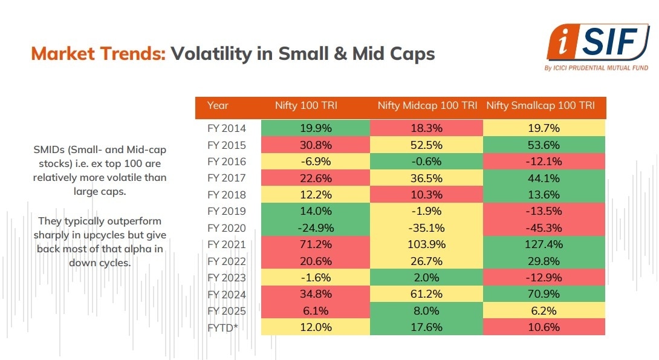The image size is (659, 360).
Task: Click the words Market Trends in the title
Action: [98, 54]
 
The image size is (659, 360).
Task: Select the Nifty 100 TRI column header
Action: [314, 105]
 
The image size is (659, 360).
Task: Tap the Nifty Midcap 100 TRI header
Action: [427, 105]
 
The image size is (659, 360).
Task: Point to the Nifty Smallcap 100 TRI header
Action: [541, 105]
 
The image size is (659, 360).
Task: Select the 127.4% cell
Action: [544, 244]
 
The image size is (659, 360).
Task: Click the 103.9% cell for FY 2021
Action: [426, 244]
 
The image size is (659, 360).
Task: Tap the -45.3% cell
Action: [544, 228]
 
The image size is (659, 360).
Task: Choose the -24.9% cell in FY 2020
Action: [314, 228]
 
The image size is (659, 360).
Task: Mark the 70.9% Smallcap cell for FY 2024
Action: [544, 294]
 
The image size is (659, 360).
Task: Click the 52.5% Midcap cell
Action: [426, 145]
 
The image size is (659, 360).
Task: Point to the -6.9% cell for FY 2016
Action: [314, 162]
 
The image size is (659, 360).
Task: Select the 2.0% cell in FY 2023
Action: [426, 278]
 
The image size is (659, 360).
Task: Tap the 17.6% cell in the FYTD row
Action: [426, 327]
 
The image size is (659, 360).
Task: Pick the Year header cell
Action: [218, 105]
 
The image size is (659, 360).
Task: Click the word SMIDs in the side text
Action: [50, 149]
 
